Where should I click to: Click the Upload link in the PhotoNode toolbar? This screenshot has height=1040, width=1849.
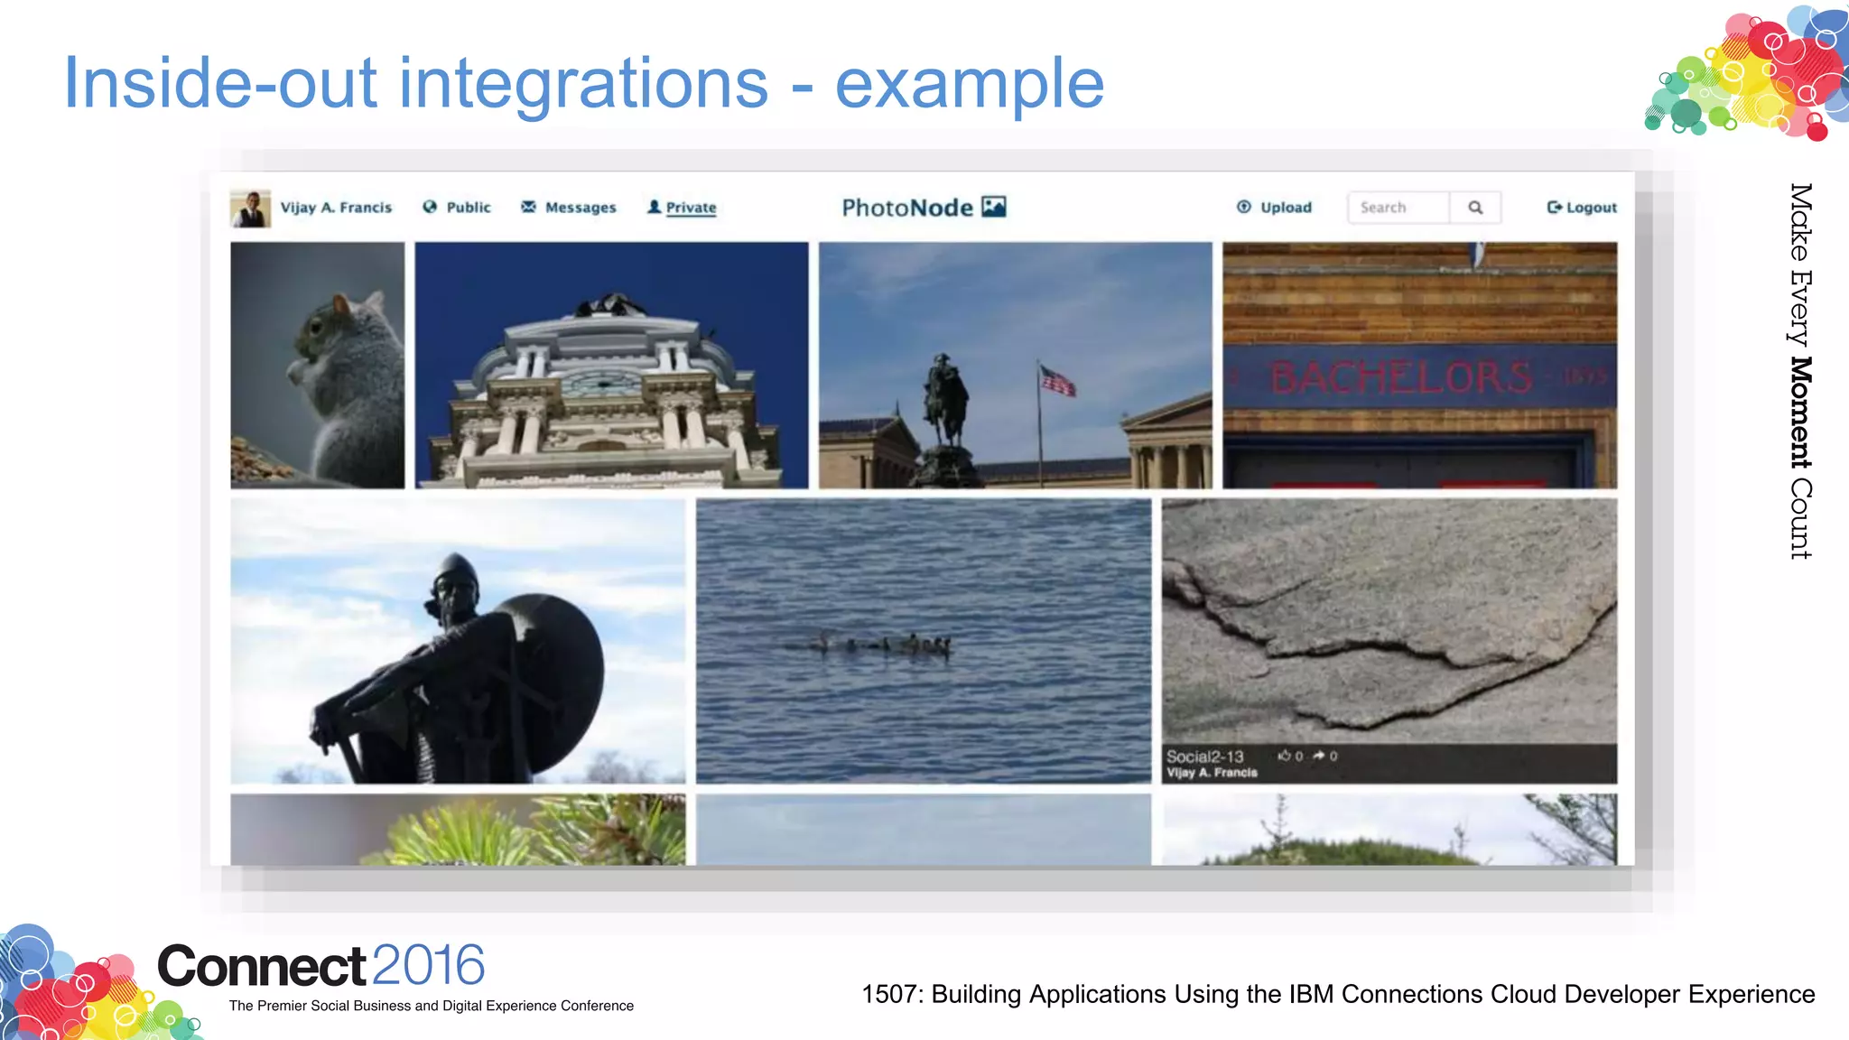[x=1275, y=208]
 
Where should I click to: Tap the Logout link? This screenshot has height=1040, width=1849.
[x=1582, y=208]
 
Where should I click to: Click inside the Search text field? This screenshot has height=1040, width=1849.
[x=1398, y=208]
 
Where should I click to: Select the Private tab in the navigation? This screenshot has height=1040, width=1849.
[x=683, y=208]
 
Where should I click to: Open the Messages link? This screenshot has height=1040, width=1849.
[x=570, y=208]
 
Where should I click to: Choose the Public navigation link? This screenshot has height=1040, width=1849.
[x=458, y=208]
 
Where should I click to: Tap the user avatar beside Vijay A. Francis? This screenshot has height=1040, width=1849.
[x=250, y=209]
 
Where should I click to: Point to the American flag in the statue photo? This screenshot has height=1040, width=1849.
[x=1057, y=382]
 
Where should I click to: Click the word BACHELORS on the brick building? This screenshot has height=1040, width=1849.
[x=1401, y=377]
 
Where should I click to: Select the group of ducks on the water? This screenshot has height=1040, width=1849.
[x=885, y=644]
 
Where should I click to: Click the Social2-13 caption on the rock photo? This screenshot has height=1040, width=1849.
[x=1204, y=757]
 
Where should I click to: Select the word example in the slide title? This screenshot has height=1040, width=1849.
[x=969, y=84]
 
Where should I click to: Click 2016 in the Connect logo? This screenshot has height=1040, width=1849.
[x=428, y=965]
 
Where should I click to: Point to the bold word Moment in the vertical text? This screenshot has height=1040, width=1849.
[x=1799, y=413]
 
